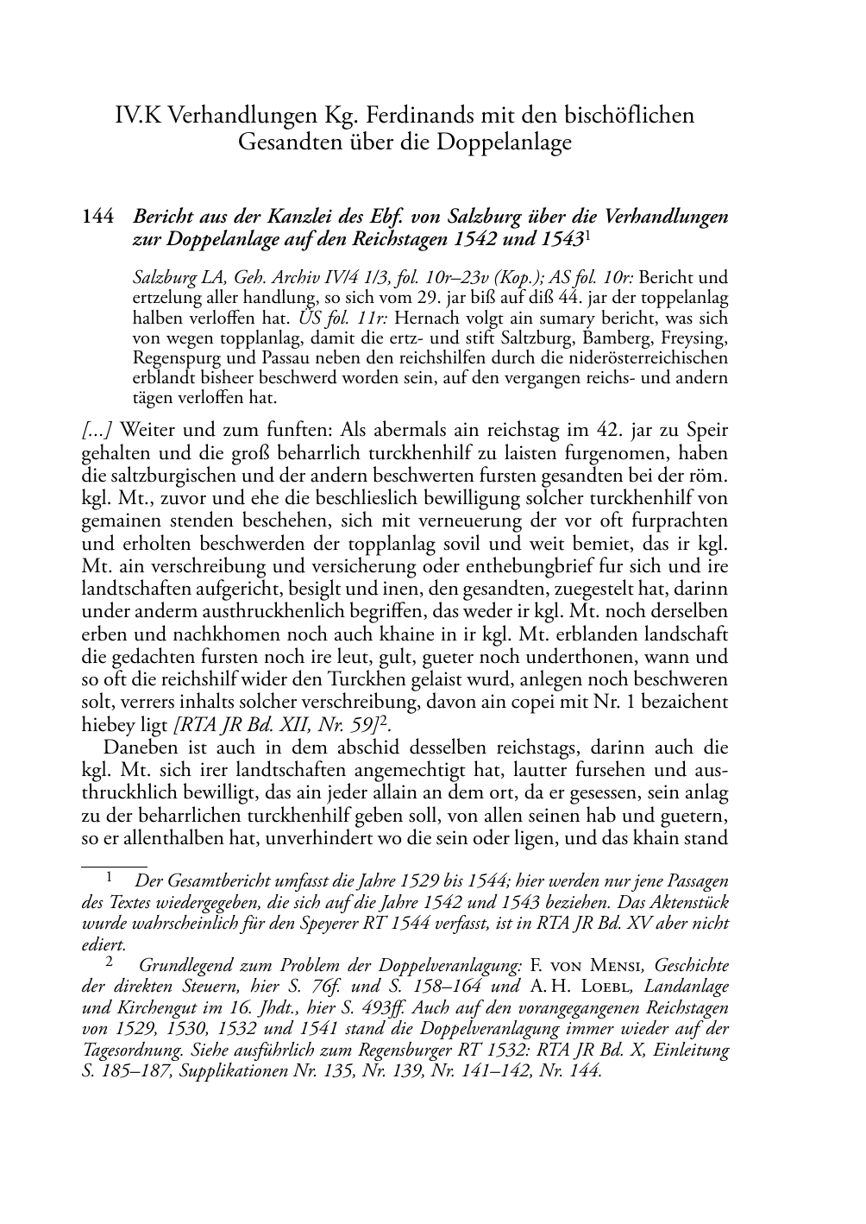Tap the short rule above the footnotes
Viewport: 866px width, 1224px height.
tap(114, 862)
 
